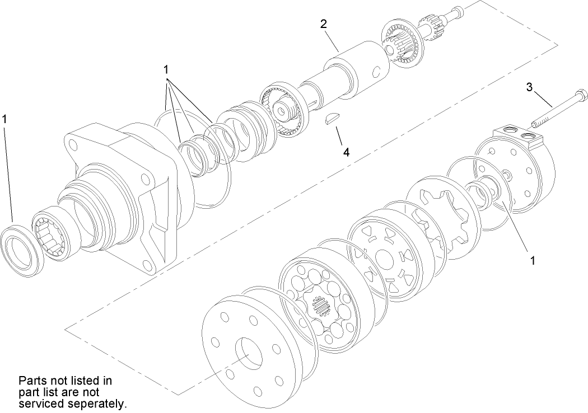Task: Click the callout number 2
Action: coord(323,24)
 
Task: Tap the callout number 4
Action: coord(347,152)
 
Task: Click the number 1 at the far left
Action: coord(5,119)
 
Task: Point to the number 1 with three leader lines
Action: coord(166,69)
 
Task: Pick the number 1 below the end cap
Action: coord(533,260)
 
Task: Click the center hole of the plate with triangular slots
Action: coord(385,259)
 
